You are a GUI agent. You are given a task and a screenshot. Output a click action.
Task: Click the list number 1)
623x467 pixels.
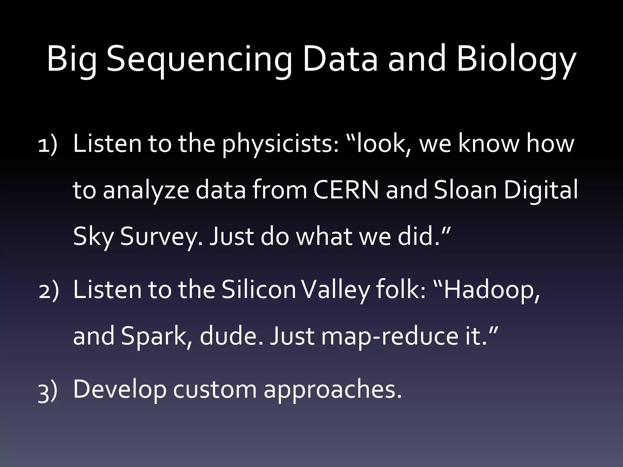[48, 145]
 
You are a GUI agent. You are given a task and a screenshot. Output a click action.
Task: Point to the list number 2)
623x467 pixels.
[49, 291]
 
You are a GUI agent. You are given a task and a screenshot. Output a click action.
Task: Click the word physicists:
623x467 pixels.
[280, 144]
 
